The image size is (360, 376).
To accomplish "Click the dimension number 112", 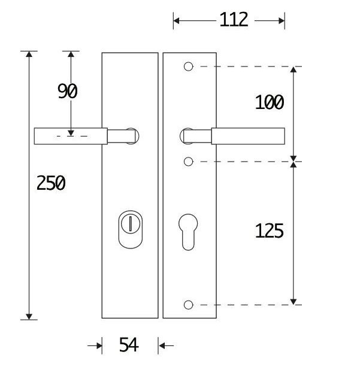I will (233, 20).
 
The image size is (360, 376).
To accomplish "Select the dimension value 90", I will (68, 92).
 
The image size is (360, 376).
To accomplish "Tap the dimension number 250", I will (51, 183).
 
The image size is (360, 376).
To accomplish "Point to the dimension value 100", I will (269, 103).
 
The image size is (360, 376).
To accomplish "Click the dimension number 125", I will (269, 231).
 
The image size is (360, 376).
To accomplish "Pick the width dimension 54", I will (129, 345).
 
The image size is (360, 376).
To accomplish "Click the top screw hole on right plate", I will (188, 66).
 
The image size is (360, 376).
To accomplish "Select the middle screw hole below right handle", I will (188, 162).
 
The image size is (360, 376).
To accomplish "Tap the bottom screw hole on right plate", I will (188, 305).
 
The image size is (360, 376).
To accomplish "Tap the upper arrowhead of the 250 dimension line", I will (29, 56).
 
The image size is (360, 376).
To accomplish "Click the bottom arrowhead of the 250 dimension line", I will (29, 315).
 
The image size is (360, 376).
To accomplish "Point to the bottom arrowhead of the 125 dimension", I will (294, 301).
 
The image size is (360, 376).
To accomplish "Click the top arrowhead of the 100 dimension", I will (294, 71).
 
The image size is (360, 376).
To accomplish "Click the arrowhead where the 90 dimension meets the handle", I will (71, 132).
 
